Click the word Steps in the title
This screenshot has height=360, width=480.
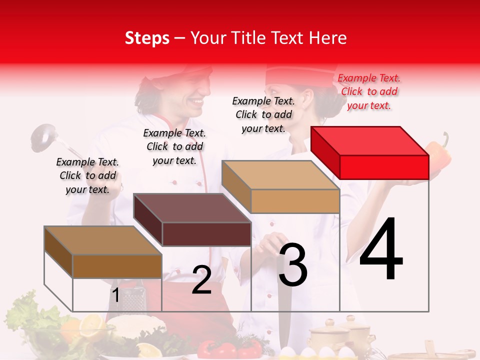[147, 38]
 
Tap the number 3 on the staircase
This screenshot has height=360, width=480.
[293, 265]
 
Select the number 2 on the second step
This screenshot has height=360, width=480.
[201, 280]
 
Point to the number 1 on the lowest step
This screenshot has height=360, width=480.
[115, 295]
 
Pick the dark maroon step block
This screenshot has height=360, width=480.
[192, 220]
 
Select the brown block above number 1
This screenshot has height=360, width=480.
[103, 252]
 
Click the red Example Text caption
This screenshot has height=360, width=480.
[369, 91]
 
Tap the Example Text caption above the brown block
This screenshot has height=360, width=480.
[87, 175]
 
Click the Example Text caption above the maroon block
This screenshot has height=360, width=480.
[174, 146]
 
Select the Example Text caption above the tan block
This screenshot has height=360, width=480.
[263, 114]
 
